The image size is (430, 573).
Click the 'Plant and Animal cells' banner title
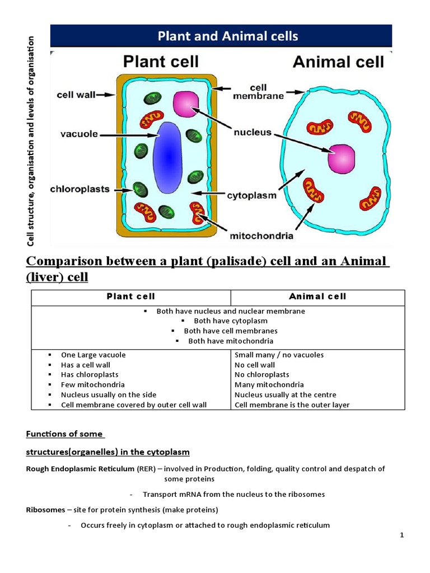tap(227, 36)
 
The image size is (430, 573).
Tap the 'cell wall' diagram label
tap(76, 95)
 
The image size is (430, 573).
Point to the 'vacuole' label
tap(79, 134)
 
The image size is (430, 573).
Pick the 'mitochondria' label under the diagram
tap(261, 236)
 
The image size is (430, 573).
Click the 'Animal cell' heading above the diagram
tap(339, 62)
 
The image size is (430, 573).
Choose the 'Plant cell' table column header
tap(131, 297)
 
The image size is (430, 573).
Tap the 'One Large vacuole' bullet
tap(94, 355)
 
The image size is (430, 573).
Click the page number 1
tap(402, 536)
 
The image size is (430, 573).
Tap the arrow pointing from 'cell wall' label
tap(106, 95)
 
